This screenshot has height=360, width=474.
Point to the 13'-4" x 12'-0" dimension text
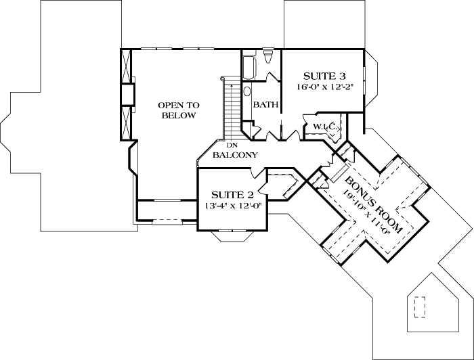(x=233, y=206)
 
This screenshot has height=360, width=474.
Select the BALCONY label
(x=234, y=155)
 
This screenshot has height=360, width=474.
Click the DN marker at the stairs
(x=231, y=145)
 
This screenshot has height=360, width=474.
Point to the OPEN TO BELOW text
(x=178, y=110)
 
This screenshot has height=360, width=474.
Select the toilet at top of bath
(x=269, y=55)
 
